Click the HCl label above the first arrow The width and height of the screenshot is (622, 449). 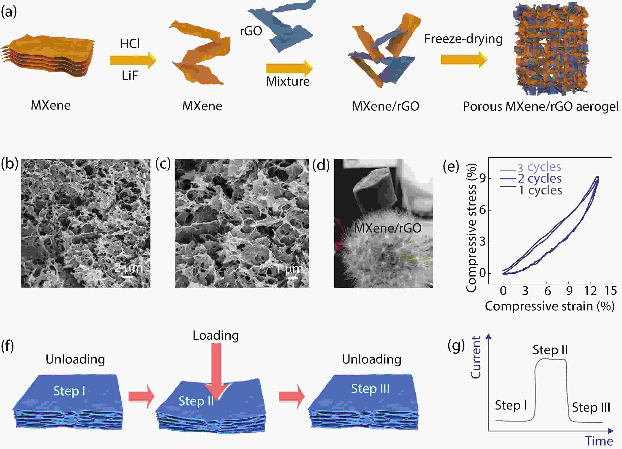(130, 43)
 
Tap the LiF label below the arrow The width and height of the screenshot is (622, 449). (130, 75)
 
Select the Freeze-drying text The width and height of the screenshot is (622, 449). (463, 39)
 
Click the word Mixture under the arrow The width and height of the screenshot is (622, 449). (288, 81)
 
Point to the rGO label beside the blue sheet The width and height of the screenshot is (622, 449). (251, 31)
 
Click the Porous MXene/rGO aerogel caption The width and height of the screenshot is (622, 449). (541, 106)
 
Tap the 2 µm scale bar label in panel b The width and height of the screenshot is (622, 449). (129, 267)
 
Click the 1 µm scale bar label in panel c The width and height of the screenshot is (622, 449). (290, 269)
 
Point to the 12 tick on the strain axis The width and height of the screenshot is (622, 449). (590, 291)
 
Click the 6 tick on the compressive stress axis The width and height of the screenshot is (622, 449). (482, 210)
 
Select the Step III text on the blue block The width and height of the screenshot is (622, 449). (370, 389)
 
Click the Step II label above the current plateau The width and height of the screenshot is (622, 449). (550, 350)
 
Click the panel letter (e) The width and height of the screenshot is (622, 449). (451, 166)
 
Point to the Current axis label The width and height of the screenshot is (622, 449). (475, 357)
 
